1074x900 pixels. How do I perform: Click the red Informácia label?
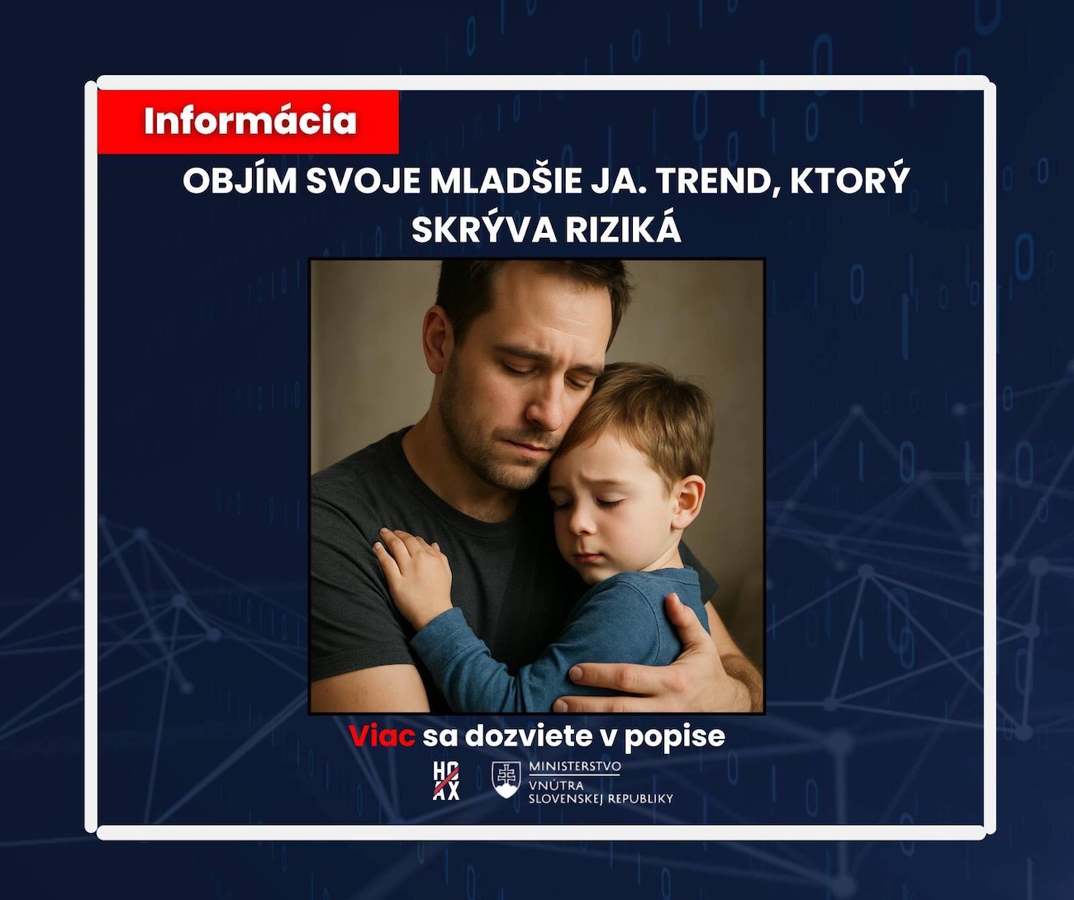point(249,122)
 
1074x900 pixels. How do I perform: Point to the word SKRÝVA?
point(484,230)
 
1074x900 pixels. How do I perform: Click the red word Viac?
point(383,736)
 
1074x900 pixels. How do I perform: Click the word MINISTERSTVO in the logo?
point(574,767)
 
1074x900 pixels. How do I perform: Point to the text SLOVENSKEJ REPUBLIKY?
point(601,799)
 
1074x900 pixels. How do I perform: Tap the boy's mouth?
point(587,557)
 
